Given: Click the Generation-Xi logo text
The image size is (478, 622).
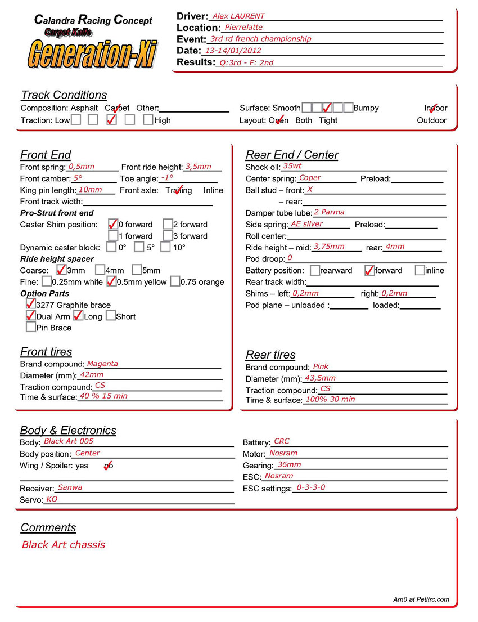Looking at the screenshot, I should [92, 54].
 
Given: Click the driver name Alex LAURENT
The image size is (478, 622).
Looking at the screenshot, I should [238, 16].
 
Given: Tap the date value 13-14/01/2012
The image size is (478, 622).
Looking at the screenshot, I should [233, 51].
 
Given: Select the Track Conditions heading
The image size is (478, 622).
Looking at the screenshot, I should [64, 95].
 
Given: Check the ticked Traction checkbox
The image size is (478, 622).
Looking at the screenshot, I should [112, 120].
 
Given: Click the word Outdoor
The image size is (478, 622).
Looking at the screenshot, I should [431, 120].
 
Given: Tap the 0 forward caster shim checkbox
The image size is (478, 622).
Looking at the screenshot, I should [113, 224].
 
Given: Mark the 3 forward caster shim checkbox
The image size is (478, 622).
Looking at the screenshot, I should [168, 236].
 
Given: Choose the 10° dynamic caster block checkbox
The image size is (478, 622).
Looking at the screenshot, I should [165, 247].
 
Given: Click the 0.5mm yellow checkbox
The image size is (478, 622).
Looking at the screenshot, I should [111, 281].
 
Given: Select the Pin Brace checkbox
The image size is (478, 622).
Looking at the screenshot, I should [31, 327].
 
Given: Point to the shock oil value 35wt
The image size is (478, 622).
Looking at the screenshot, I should [292, 166].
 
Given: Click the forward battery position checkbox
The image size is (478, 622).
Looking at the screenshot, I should [369, 270].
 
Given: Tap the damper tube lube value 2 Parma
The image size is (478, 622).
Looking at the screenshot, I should [329, 212].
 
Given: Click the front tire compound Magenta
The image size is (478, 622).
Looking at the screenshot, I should [102, 364].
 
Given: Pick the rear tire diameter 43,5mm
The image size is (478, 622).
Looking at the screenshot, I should [320, 378].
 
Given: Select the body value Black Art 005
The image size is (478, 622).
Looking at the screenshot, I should [69, 441].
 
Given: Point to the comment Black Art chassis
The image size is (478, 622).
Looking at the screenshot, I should [64, 545].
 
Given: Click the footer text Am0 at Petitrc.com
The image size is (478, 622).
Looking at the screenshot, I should [421, 599].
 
